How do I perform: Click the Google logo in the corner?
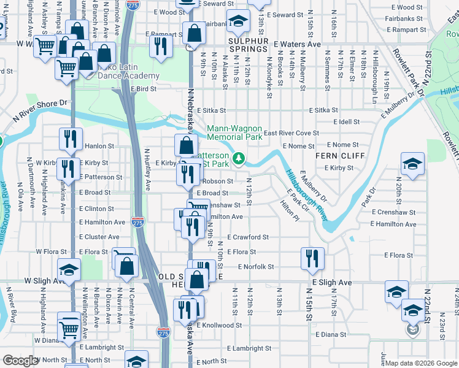click(20, 361)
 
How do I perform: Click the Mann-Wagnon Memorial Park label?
click(234, 133)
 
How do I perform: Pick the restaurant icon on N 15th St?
click(312, 259)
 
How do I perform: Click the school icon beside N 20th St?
click(412, 164)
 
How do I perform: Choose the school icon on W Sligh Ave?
click(69, 269)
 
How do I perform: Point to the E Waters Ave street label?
click(298, 45)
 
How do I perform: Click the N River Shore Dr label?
click(39, 104)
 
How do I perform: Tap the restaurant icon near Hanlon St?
click(70, 139)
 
